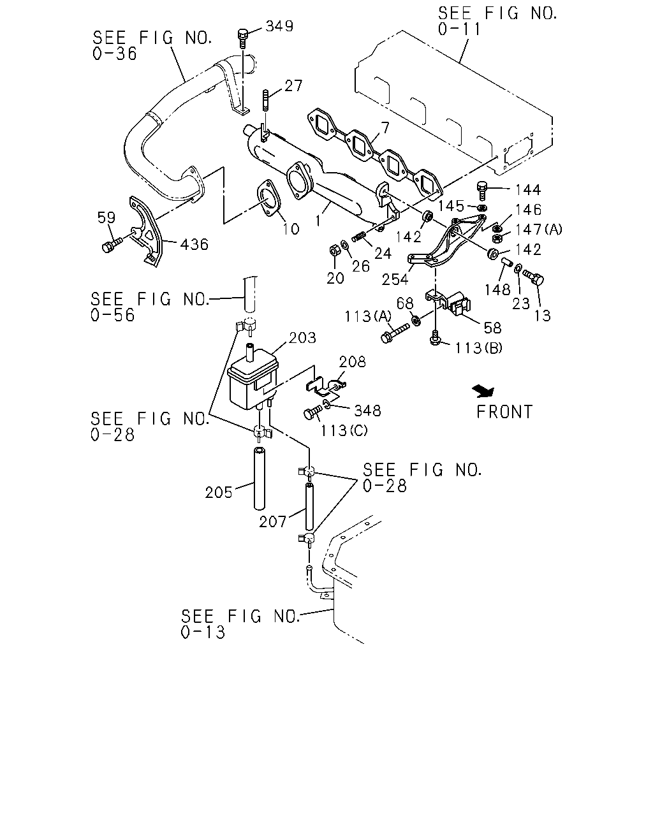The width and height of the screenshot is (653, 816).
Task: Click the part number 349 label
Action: click(279, 26)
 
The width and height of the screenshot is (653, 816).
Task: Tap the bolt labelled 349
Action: click(243, 38)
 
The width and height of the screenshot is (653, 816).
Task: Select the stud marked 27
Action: click(266, 100)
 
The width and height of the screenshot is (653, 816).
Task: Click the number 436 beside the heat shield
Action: click(194, 245)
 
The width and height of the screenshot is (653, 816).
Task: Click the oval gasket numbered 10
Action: click(269, 198)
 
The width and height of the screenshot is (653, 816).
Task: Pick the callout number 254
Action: click(395, 279)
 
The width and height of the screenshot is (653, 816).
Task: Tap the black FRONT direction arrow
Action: click(484, 391)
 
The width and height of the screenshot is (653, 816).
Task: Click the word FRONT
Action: click(504, 412)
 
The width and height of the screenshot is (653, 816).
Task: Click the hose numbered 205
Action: click(260, 479)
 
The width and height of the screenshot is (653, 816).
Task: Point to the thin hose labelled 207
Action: click(310, 506)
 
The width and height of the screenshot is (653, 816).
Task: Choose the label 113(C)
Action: click(344, 430)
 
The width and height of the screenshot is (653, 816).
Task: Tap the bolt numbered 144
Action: click(482, 191)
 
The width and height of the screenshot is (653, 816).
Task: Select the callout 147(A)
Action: click(539, 229)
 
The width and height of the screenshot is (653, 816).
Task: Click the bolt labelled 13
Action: click(534, 277)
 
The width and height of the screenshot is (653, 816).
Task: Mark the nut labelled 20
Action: click(334, 251)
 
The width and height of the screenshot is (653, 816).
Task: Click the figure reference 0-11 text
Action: click(459, 29)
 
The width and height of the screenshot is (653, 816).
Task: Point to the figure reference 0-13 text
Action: click(203, 632)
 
